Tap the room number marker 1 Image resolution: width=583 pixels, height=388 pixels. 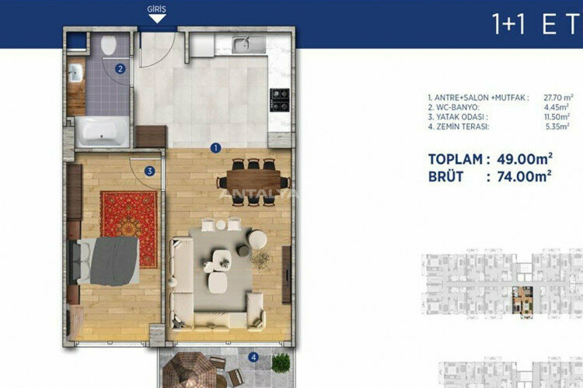[215, 145]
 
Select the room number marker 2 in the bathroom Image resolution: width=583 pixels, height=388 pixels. [120, 68]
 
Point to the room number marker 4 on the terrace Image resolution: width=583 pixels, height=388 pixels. [253, 357]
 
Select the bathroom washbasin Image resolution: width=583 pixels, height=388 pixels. [75, 74]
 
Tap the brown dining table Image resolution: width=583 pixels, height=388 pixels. [249, 182]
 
